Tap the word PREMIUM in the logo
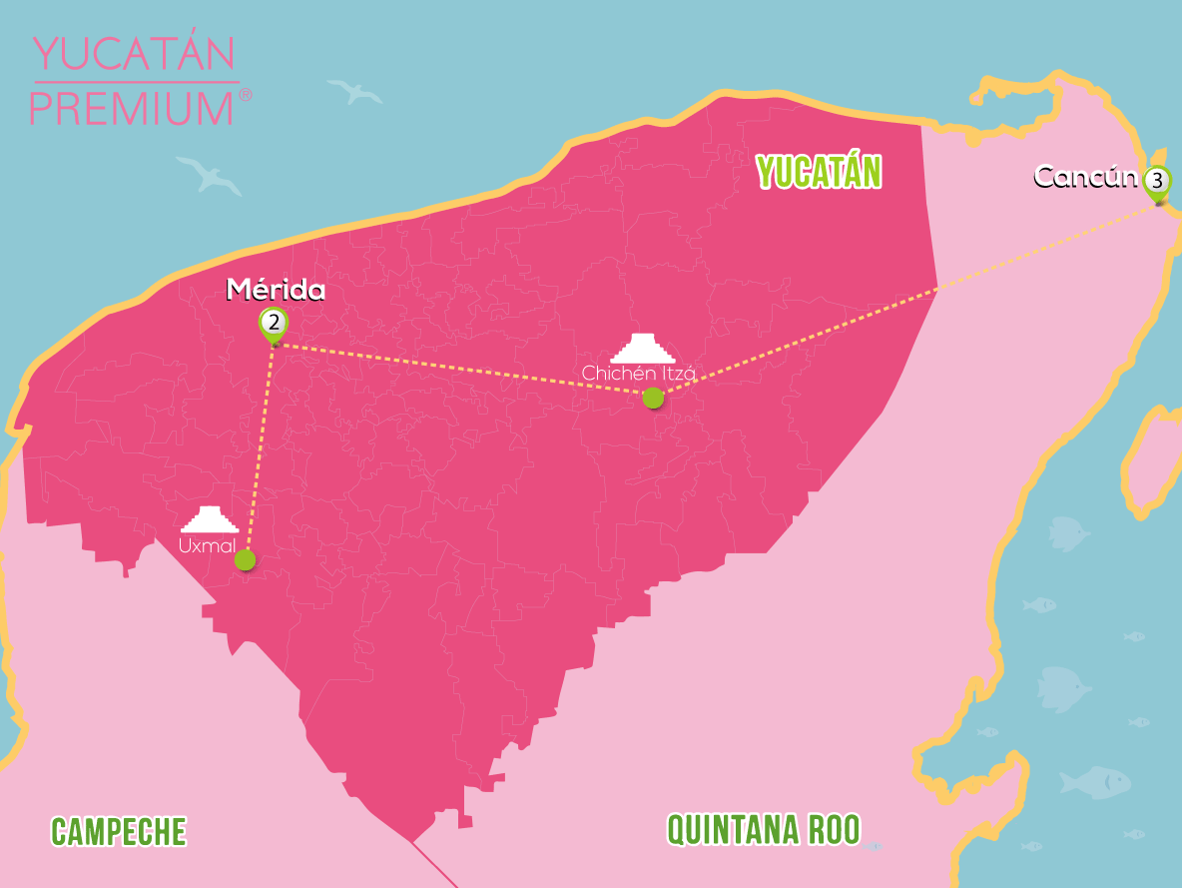131,107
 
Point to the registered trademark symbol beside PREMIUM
246,95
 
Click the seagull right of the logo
355,93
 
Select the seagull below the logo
209,174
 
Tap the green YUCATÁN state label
819,172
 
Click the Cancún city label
1085,177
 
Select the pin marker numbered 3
1156,182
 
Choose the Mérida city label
276,290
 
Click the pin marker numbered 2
273,324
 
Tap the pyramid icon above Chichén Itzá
643,347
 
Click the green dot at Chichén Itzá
653,398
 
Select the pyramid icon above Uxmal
209,520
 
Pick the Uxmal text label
208,545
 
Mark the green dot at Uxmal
245,560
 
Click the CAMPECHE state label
119,831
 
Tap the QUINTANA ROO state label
763,829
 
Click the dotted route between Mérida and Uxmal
260,449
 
